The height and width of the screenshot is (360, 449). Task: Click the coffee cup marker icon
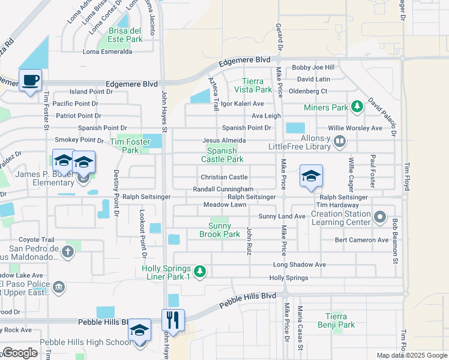point(30,80)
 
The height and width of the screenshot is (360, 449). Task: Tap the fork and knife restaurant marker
point(173,320)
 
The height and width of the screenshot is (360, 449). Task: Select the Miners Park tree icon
point(358,107)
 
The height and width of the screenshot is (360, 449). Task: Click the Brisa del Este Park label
point(125,35)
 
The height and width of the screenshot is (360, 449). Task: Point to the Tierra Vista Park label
point(257,85)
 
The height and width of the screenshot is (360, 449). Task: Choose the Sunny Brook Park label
point(220,230)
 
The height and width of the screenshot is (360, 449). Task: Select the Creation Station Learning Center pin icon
point(379,216)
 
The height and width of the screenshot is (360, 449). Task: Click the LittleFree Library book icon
point(339,142)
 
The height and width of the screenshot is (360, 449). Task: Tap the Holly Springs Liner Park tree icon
point(200,272)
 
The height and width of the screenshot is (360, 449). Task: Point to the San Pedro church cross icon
point(68,251)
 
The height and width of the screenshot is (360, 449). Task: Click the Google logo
point(20,353)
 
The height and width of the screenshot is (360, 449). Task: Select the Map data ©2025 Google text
point(411,355)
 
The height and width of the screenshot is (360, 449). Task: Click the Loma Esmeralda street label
point(107,52)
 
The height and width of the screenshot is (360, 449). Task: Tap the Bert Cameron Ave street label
point(362,240)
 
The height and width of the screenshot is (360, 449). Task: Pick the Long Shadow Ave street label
point(300,265)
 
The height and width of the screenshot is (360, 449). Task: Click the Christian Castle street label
point(224,178)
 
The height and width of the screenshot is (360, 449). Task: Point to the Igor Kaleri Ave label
point(241,104)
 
